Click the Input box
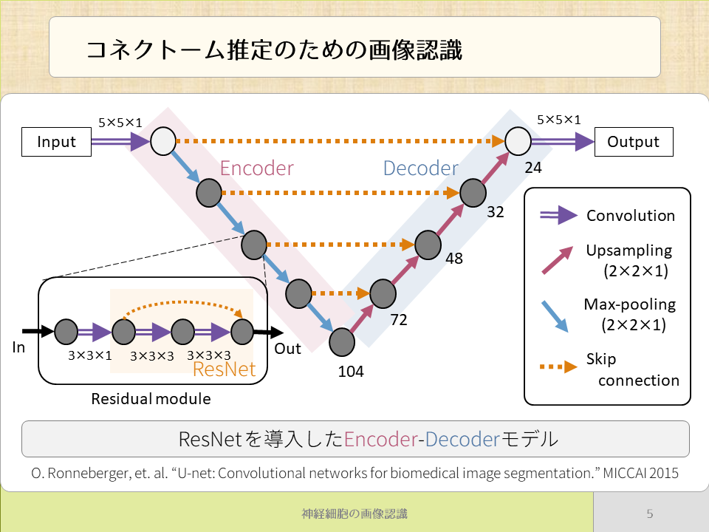click(57, 142)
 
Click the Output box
click(634, 142)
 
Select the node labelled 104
click(343, 342)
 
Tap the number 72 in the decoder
click(399, 321)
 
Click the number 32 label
click(496, 212)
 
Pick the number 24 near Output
click(533, 168)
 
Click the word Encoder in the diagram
click(257, 168)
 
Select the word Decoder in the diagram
click(421, 168)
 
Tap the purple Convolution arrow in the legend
click(558, 215)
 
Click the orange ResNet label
click(224, 368)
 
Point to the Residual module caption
click(151, 399)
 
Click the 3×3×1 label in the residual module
click(89, 355)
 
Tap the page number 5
click(650, 514)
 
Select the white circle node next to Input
click(162, 140)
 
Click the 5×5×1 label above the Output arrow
click(558, 119)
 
